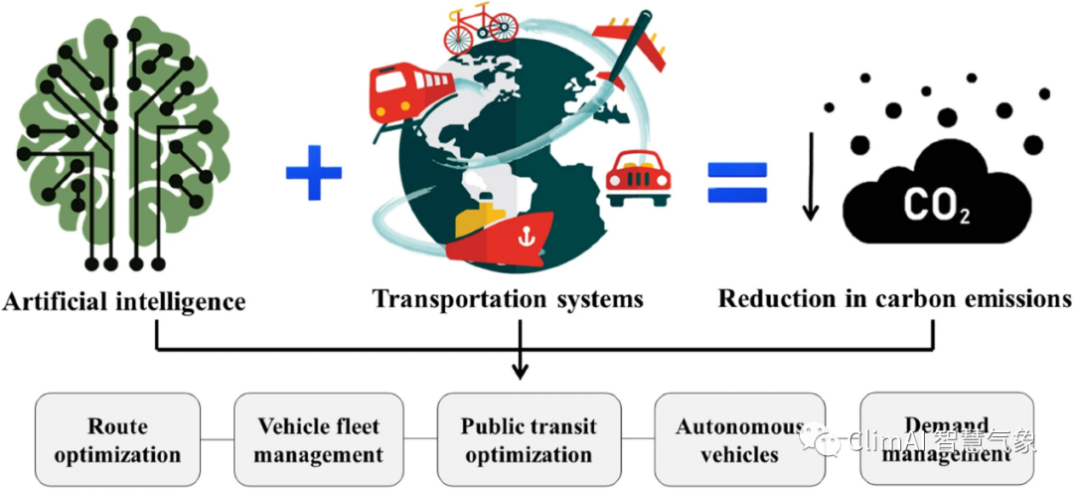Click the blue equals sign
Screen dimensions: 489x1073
coord(737,181)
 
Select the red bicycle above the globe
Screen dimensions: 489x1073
coord(481,32)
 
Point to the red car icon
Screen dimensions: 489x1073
coord(638,177)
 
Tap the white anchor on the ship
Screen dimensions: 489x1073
coord(519,236)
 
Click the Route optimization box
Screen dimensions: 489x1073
coord(118,441)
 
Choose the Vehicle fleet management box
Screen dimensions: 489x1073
coord(320,441)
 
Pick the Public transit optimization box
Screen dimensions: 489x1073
coord(529,441)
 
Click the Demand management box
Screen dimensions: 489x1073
coord(946,441)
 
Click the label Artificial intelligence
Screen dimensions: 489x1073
coord(124,300)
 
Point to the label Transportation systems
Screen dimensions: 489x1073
coord(508,299)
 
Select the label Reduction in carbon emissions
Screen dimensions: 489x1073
coord(894,299)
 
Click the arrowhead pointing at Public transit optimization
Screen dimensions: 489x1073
coord(519,373)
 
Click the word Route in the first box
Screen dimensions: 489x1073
coord(117,427)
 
